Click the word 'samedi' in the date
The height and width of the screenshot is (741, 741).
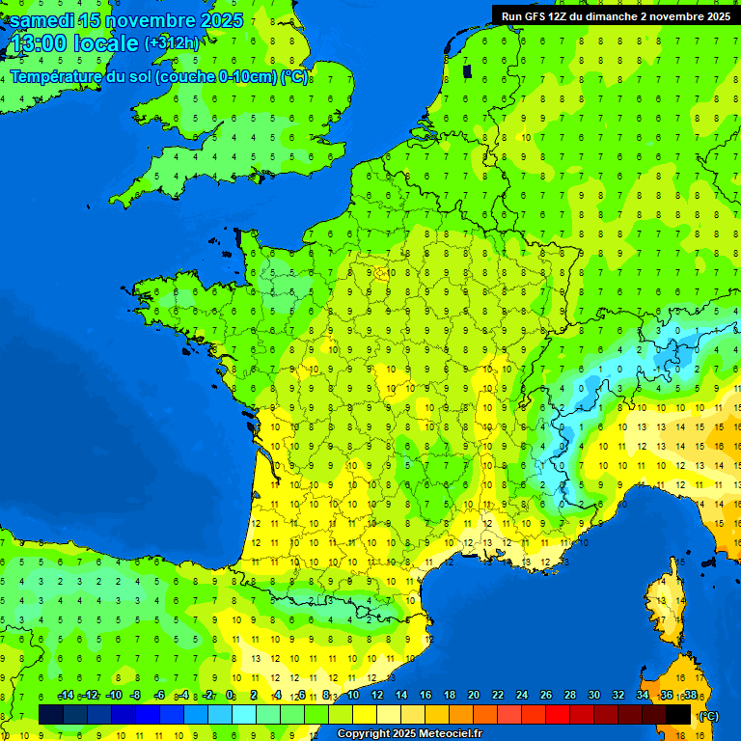41,20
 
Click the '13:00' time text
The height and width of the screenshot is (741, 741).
38,44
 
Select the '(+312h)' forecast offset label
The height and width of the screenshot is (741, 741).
172,43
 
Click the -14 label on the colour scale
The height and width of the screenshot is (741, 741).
66,696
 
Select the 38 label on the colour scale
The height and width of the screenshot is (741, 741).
691,696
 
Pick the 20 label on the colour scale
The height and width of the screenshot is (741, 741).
474,696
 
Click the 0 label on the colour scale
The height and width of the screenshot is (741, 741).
230,696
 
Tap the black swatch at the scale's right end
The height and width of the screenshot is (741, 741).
679,714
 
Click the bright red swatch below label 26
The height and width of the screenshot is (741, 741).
558,714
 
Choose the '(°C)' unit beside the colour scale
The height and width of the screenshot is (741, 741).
709,715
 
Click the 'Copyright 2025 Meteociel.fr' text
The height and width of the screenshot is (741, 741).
409,734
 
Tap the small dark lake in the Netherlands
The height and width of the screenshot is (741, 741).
468,69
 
